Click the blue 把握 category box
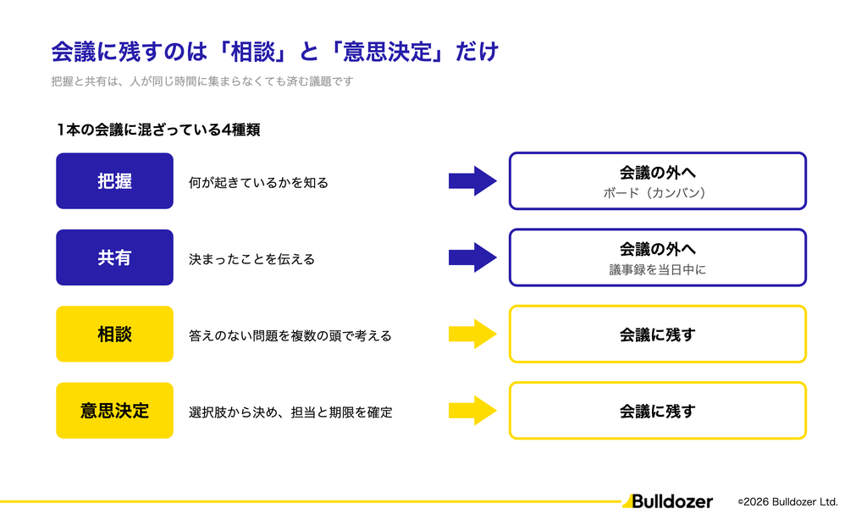pos(114,181)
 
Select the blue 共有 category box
pos(114,257)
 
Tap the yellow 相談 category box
pos(114,335)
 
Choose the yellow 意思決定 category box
pos(114,411)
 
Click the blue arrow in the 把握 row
pos(472,181)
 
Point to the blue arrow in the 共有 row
pos(472,257)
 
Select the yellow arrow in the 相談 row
pos(472,335)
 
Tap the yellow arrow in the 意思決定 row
pos(472,411)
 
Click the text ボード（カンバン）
pos(657,193)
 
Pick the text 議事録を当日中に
pos(657,269)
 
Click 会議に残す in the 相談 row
pos(657,335)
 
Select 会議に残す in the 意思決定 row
pos(657,411)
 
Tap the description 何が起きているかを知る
pos(258,183)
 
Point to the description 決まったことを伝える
pos(251,259)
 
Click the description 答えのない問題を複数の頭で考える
pos(290,335)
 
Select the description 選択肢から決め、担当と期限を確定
pos(290,412)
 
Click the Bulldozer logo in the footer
pos(667,501)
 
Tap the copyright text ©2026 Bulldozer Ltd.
pos(788,501)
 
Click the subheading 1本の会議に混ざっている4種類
pos(158,130)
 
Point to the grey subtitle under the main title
pos(202,81)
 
